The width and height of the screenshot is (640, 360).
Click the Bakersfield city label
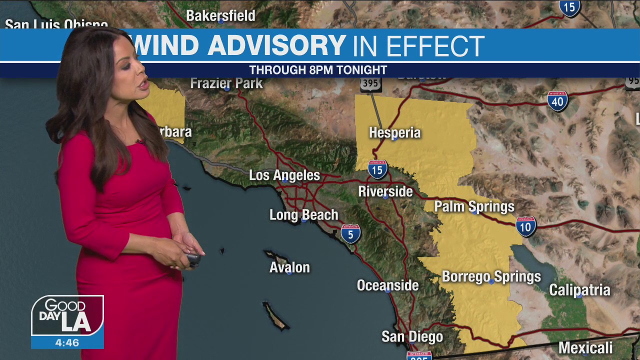pyautogui.click(x=220, y=15)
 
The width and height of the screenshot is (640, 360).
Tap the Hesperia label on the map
pyautogui.click(x=394, y=132)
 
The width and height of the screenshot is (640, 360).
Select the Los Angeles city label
pyautogui.click(x=284, y=175)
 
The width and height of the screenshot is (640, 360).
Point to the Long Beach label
pyautogui.click(x=303, y=215)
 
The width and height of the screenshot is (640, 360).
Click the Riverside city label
pyautogui.click(x=385, y=191)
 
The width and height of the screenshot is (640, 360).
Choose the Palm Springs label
pyautogui.click(x=474, y=206)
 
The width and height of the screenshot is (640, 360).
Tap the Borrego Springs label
pyautogui.click(x=491, y=276)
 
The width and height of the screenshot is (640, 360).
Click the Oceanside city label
pyautogui.click(x=387, y=285)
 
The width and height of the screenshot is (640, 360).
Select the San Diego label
pyautogui.click(x=412, y=336)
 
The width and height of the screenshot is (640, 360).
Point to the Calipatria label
pyautogui.click(x=579, y=290)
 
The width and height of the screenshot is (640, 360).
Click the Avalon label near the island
pyautogui.click(x=289, y=267)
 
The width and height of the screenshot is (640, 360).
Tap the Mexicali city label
pyautogui.click(x=585, y=348)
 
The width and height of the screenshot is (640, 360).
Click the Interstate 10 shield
pyautogui.click(x=526, y=226)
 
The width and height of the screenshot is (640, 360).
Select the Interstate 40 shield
pyautogui.click(x=557, y=101)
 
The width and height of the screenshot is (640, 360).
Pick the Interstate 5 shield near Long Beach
pyautogui.click(x=351, y=233)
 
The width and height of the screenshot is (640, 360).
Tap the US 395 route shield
pyautogui.click(x=370, y=83)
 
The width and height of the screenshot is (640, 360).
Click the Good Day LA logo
pyautogui.click(x=67, y=316)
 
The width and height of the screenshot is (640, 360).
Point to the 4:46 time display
pyautogui.click(x=67, y=343)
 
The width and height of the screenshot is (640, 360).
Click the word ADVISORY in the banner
pyautogui.click(x=276, y=45)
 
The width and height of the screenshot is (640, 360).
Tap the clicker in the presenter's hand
pyautogui.click(x=193, y=259)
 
